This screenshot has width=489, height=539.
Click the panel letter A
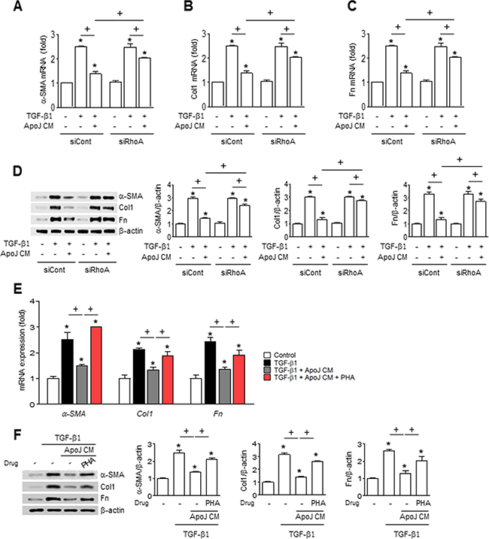10,10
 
